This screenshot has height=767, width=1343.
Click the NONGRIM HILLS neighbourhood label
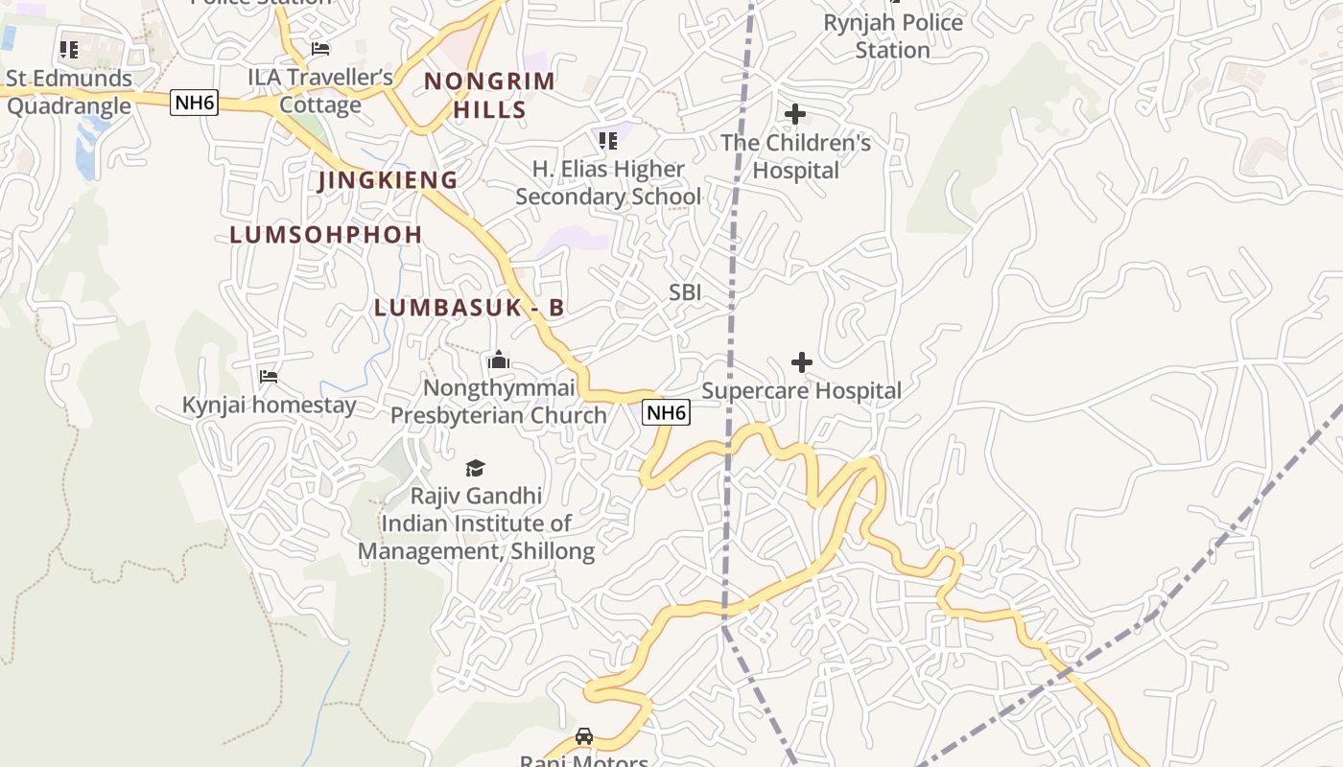tap(489, 95)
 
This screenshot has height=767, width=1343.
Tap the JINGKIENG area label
tap(388, 180)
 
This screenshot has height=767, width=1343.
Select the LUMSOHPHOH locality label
tap(326, 235)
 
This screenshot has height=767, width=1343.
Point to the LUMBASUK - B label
tap(469, 308)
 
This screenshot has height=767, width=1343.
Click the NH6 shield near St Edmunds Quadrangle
tap(194, 102)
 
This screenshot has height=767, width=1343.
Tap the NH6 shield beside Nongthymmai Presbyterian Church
tap(666, 412)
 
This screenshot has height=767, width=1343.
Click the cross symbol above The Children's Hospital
tap(794, 115)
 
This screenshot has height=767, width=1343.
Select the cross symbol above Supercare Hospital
tap(802, 362)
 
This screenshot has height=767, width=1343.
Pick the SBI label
tap(685, 292)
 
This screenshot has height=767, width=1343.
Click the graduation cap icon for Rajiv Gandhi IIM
tap(475, 468)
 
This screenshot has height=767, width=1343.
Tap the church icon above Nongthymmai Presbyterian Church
tap(498, 360)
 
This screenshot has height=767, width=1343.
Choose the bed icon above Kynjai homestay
tap(269, 377)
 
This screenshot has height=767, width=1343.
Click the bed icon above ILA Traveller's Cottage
tap(320, 48)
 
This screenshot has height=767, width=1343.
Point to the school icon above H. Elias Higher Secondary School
tap(607, 141)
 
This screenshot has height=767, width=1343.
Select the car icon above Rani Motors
tap(583, 736)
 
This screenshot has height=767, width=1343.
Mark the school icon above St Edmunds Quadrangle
tap(68, 49)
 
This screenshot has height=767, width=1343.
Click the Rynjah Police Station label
tap(893, 35)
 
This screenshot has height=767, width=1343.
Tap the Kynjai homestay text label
tap(269, 406)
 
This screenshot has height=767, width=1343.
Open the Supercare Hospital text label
tap(802, 391)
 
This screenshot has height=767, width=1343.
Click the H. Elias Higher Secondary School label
tap(608, 183)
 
